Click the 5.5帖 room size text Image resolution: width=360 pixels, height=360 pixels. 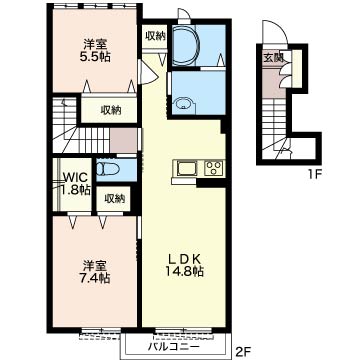coord(95,56)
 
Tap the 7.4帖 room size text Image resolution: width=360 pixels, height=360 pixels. coord(95,277)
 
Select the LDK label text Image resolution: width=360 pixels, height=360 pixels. coord(184,258)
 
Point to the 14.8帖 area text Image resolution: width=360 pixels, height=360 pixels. coord(184,272)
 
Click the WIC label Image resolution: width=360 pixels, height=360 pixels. coord(75,176)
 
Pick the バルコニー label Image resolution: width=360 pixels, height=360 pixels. coord(174,347)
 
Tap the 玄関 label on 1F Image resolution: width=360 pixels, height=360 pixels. coord(274,58)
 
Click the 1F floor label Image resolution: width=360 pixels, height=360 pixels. coord(312,173)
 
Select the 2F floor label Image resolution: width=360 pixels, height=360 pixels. coord(245,351)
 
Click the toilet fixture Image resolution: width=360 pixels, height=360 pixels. coord(108,169)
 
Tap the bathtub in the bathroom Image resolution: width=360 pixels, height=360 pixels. coord(185,45)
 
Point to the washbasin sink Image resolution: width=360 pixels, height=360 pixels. coord(183,104)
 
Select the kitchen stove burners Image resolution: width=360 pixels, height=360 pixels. coord(214,168)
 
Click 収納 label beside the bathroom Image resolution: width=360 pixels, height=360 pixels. coord(155,36)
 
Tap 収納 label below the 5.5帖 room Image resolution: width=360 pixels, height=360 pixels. coord(111,110)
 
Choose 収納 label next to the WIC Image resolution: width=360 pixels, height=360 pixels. coord(115,199)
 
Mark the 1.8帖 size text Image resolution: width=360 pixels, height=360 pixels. coord(75,190)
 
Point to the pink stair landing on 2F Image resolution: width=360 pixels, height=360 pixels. coord(123,140)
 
